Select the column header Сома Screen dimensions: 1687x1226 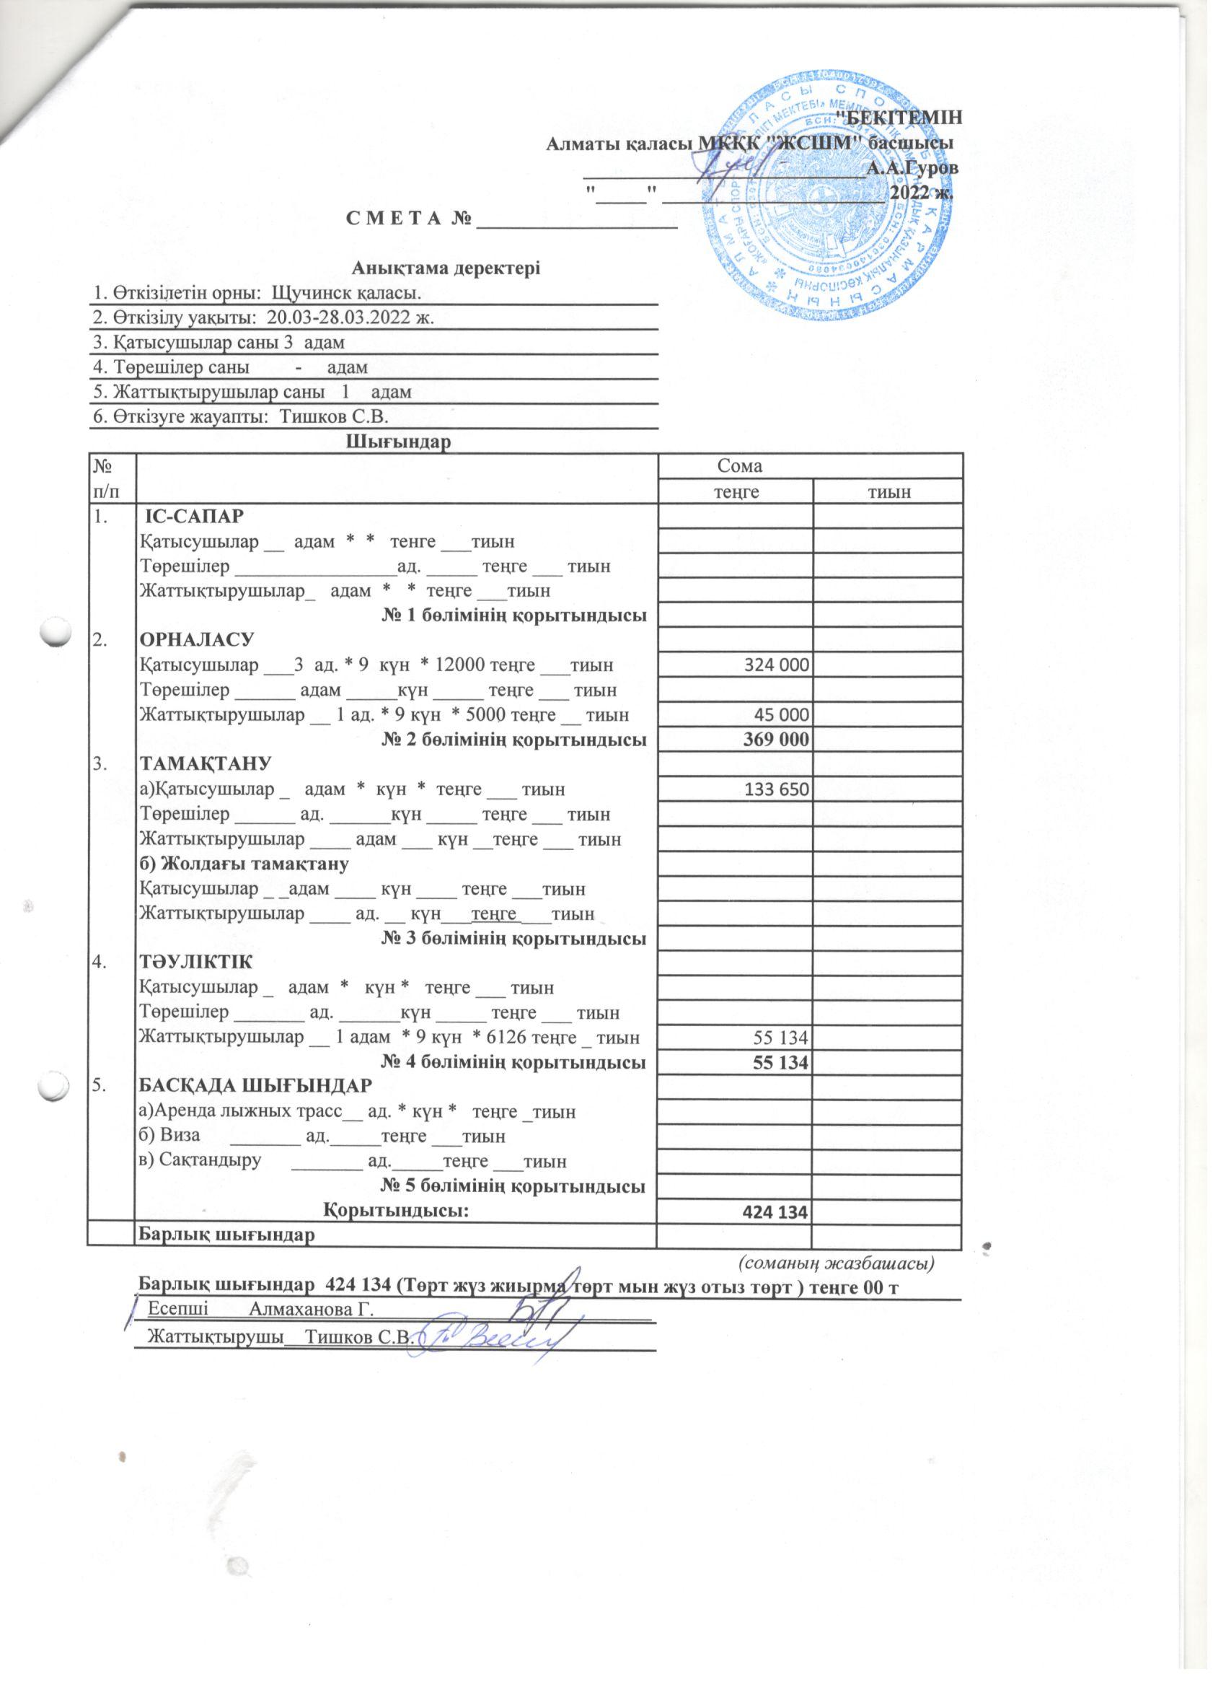click(739, 466)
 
